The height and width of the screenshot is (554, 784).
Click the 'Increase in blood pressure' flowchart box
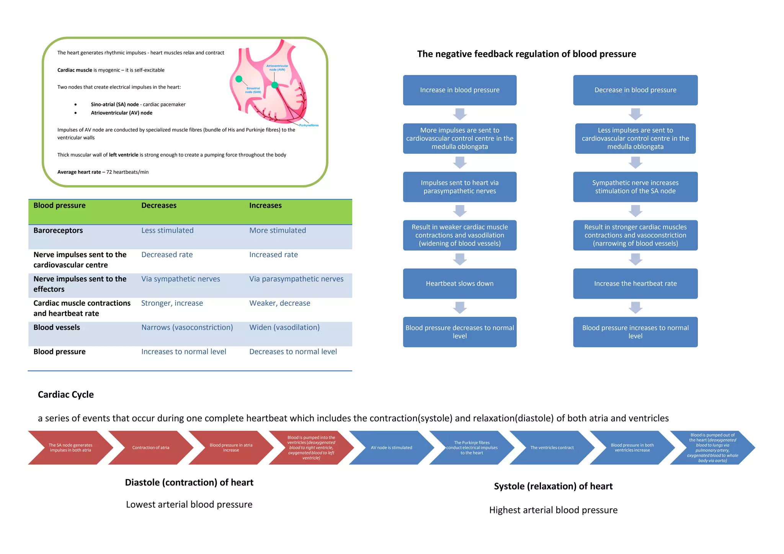click(459, 90)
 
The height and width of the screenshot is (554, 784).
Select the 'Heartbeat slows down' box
click(459, 284)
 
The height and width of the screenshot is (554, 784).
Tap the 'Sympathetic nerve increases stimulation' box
click(635, 187)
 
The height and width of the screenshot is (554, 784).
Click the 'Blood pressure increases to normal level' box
click(635, 332)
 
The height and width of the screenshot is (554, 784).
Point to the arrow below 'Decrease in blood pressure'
click(635, 114)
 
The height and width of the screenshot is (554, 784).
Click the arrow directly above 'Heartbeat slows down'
click(460, 259)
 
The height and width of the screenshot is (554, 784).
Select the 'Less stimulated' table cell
click(167, 230)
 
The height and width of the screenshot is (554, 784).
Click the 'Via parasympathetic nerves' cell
click(296, 279)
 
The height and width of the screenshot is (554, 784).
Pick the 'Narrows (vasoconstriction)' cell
click(187, 328)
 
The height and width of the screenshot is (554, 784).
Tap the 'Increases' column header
click(265, 205)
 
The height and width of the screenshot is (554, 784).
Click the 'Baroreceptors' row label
click(58, 230)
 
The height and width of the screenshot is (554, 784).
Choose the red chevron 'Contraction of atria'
click(150, 448)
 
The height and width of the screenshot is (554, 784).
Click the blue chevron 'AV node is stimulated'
click(391, 448)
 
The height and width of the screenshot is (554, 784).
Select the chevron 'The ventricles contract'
click(552, 448)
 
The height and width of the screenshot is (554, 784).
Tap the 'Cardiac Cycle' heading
click(66, 394)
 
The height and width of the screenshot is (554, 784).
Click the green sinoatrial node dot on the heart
click(239, 79)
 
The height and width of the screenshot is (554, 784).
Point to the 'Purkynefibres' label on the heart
click(309, 125)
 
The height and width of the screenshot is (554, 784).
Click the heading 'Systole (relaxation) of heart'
click(553, 486)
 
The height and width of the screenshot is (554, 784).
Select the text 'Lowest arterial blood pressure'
click(189, 505)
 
